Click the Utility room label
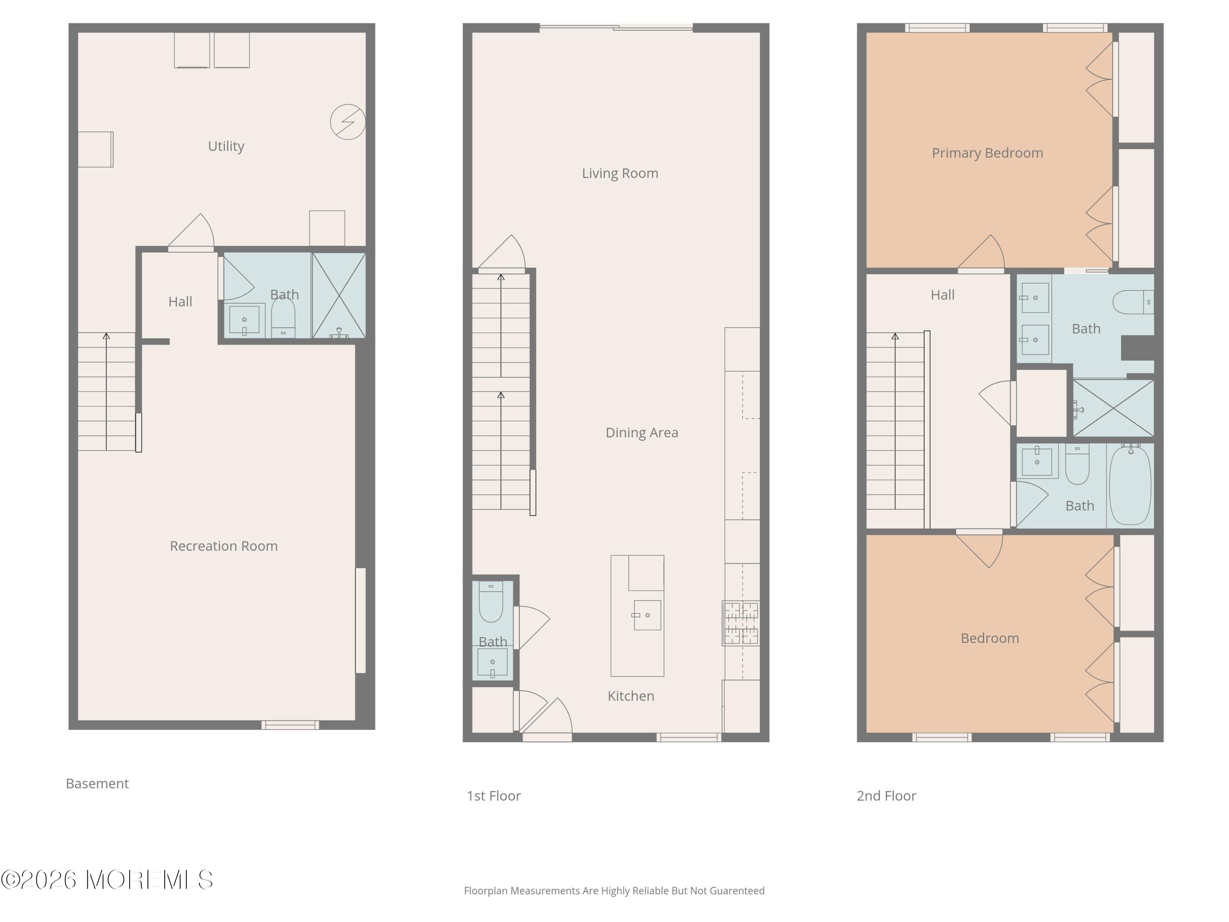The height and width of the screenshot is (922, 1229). [226, 146]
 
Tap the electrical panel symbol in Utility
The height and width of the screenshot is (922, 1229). [348, 122]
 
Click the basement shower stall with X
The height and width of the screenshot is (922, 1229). [339, 296]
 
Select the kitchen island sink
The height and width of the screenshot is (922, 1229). [647, 615]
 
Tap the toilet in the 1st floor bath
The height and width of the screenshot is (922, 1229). [491, 602]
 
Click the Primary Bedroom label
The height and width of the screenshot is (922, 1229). [987, 153]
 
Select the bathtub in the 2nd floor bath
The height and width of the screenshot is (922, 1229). [1129, 485]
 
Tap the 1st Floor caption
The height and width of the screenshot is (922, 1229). [493, 796]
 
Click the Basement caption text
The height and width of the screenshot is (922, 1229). [97, 783]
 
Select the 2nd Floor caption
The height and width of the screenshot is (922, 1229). [886, 796]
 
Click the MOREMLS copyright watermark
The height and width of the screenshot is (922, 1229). [107, 880]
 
